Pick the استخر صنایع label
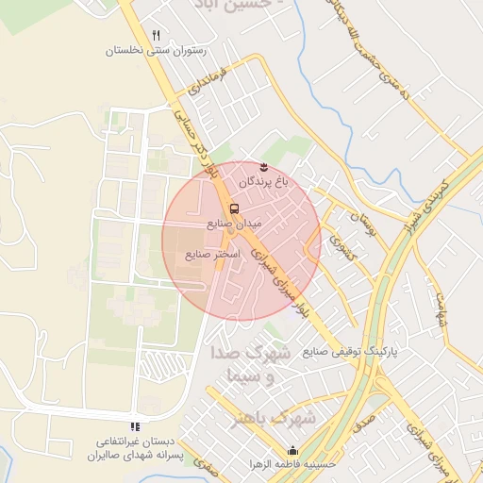213,254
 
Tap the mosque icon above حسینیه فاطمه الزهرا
291,450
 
